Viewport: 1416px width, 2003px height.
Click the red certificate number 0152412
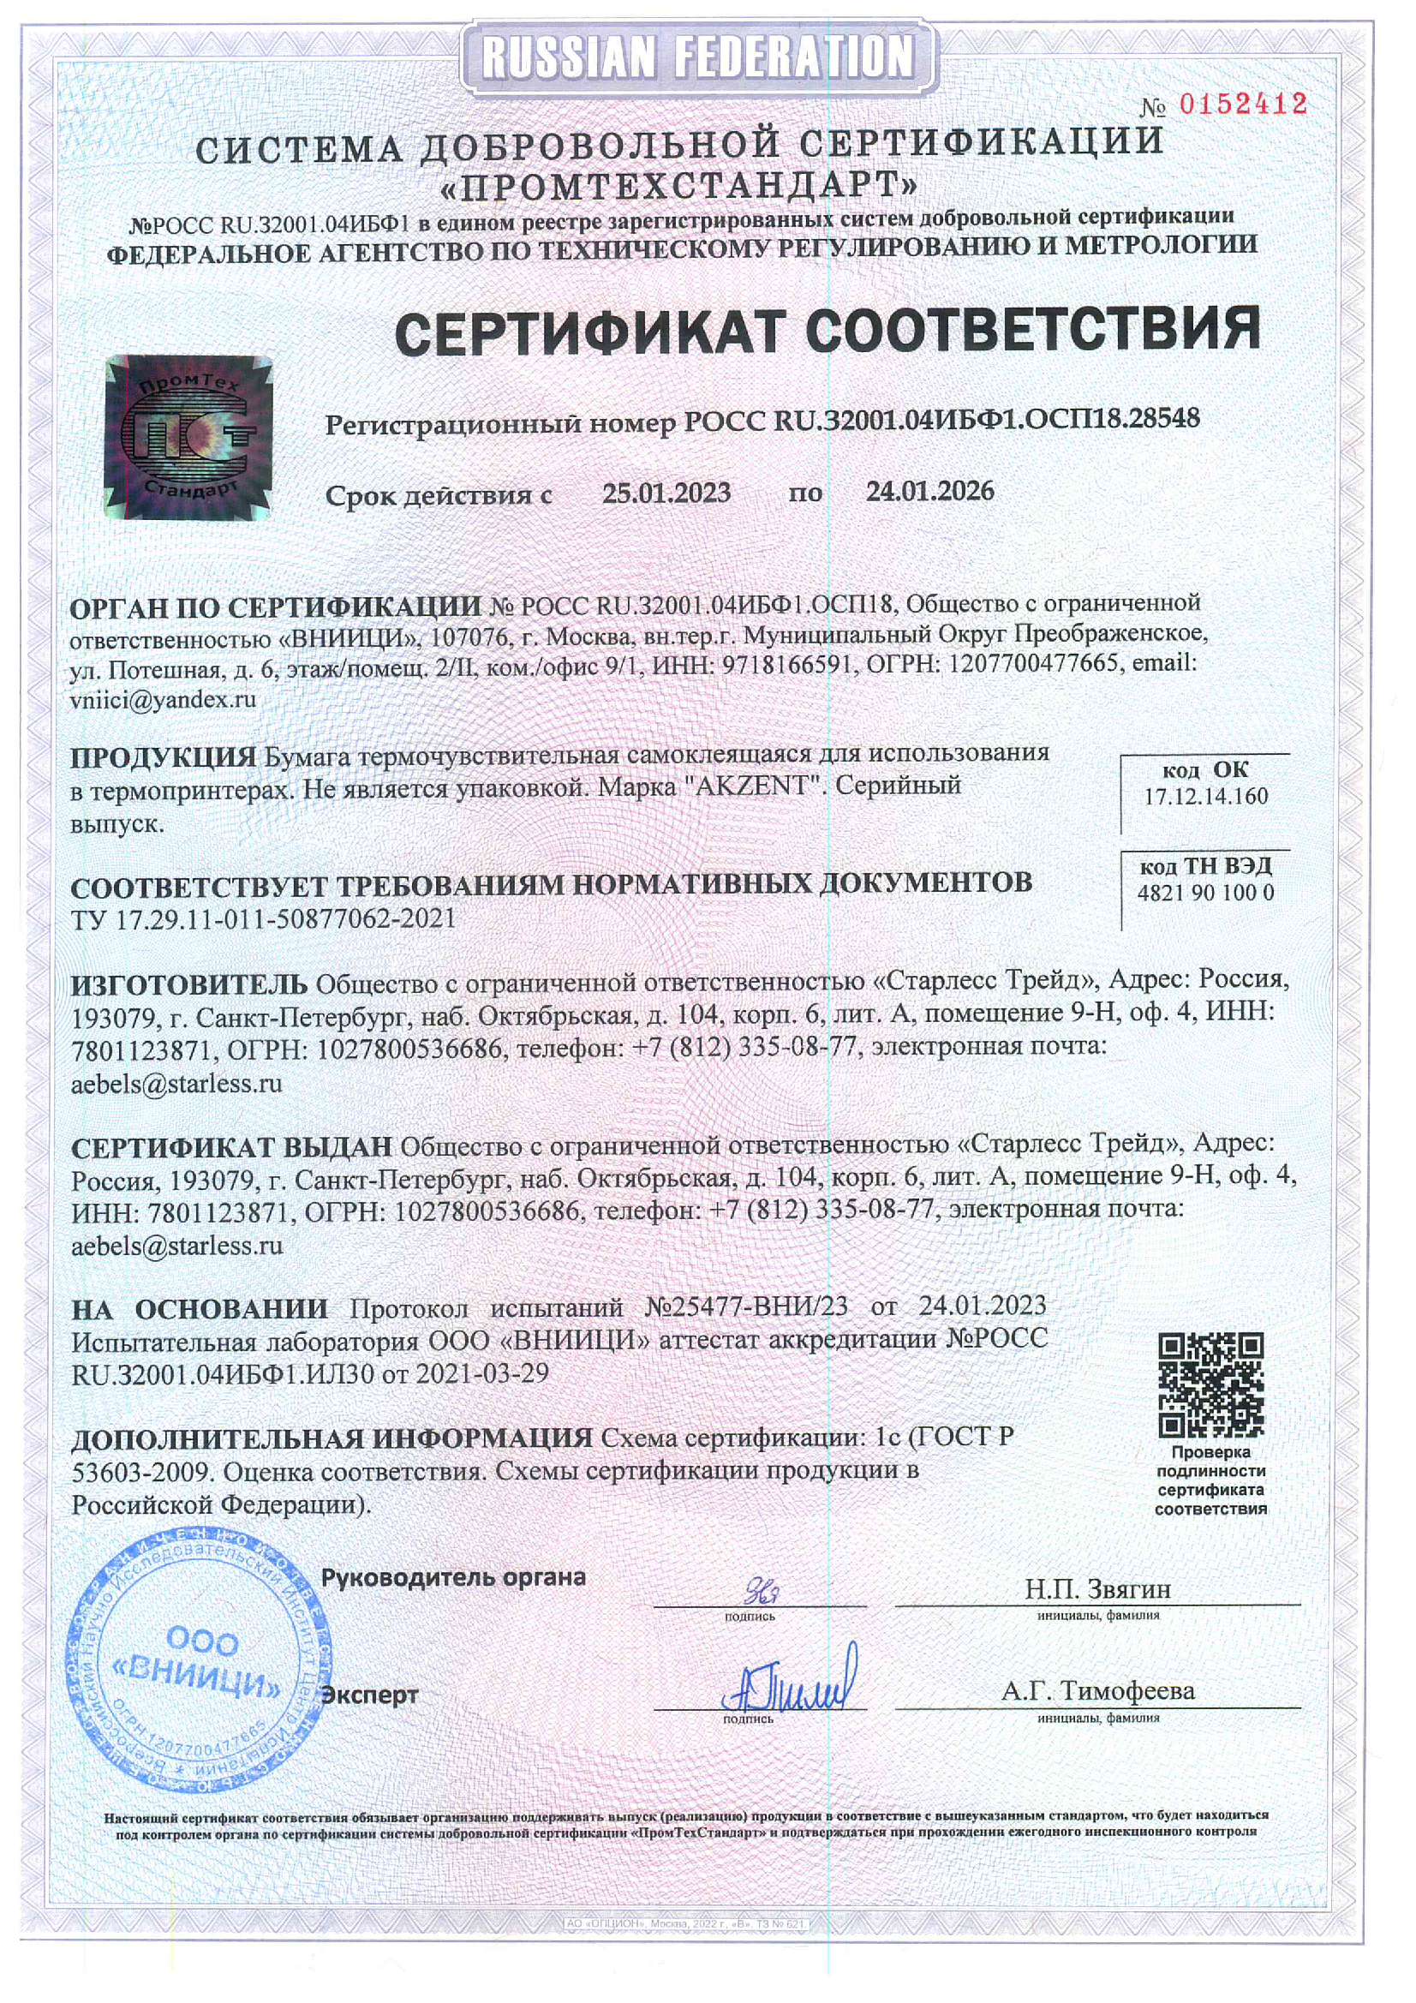pyautogui.click(x=1242, y=105)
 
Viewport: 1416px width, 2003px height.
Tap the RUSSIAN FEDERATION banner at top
pyautogui.click(x=698, y=57)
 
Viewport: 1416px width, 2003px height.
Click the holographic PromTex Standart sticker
pyautogui.click(x=188, y=437)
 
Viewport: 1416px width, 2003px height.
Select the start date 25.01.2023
pyautogui.click(x=666, y=493)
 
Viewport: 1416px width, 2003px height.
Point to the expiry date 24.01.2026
pyautogui.click(x=930, y=491)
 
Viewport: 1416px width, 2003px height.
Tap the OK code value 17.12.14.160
pyautogui.click(x=1206, y=796)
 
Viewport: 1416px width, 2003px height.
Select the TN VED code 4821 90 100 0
pyautogui.click(x=1205, y=893)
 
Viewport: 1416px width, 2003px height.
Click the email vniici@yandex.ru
pyautogui.click(x=163, y=700)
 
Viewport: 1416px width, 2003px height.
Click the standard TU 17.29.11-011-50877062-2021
pyautogui.click(x=264, y=918)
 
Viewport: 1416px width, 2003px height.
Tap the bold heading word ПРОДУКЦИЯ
pyautogui.click(x=163, y=756)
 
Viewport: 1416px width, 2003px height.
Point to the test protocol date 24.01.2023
pyautogui.click(x=983, y=1305)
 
